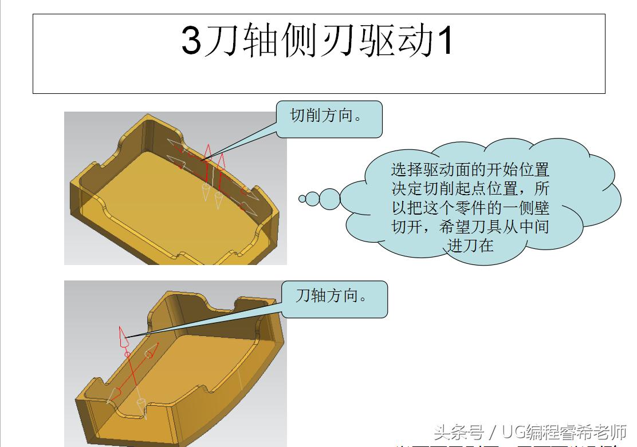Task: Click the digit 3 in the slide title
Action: [191, 41]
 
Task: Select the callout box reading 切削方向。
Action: [329, 118]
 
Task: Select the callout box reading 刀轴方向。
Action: [335, 299]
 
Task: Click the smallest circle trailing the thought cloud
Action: [302, 199]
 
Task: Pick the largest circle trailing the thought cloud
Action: [329, 199]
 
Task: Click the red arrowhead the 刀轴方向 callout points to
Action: [122, 337]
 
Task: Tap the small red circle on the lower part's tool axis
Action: [127, 355]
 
